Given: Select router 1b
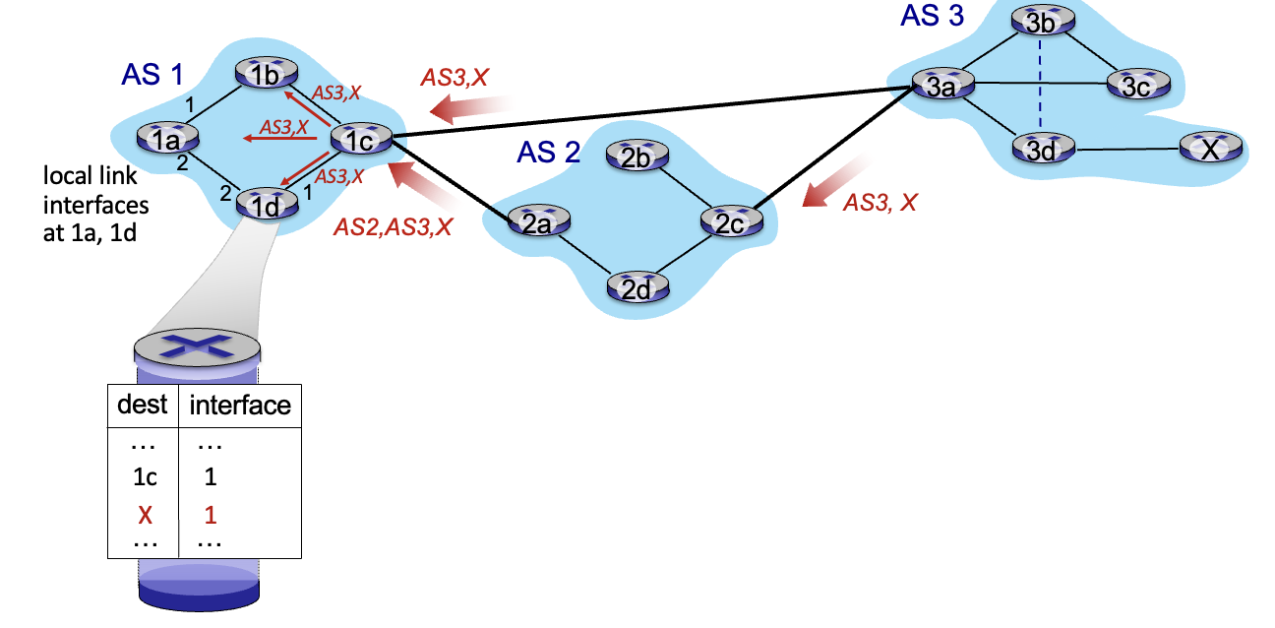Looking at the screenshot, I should pos(264,75).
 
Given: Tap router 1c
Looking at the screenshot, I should pos(360,141).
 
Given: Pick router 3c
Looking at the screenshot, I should pos(1136,87).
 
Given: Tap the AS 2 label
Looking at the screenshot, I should pos(548,153).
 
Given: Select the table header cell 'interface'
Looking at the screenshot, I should pos(239,405).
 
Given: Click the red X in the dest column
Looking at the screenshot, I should pos(145,514).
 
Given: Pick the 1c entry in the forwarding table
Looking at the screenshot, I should pos(145,477).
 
